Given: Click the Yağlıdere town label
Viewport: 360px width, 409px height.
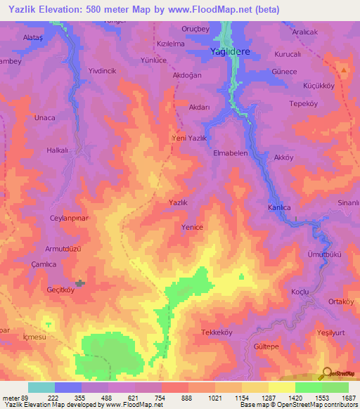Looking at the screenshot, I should (x=231, y=52).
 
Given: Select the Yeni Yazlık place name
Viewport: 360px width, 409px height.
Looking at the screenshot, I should (x=189, y=138).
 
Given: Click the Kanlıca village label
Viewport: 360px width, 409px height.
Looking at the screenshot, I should (x=279, y=208).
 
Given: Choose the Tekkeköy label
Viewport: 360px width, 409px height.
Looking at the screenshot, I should (x=217, y=332).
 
